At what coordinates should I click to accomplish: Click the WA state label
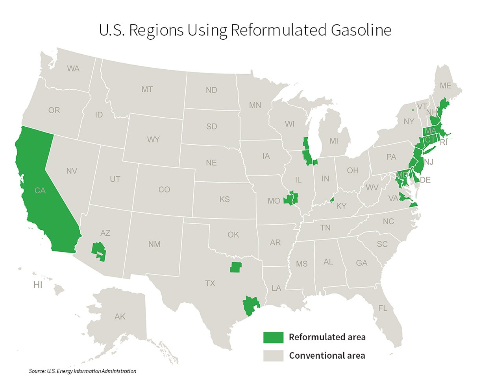[x=73, y=69]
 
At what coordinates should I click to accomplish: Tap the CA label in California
[x=40, y=191]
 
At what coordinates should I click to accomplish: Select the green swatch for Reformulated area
[x=273, y=338]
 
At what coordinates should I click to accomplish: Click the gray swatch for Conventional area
[x=273, y=356]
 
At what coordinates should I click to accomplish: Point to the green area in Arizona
[x=98, y=251]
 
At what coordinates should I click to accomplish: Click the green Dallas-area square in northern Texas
[x=235, y=267]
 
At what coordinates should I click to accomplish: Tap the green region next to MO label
[x=291, y=198]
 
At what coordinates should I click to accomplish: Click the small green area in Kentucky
[x=332, y=200]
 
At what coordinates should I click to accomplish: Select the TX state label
[x=210, y=283]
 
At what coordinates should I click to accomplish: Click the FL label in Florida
[x=383, y=308]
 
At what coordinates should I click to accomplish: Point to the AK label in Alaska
[x=120, y=317]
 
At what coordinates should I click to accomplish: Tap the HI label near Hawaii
[x=38, y=285]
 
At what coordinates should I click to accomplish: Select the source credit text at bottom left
[x=83, y=371]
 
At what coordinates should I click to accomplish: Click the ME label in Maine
[x=446, y=86]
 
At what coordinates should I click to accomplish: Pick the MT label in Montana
[x=147, y=90]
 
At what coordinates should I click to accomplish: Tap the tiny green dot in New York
[x=412, y=110]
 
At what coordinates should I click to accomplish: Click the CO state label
[x=164, y=190]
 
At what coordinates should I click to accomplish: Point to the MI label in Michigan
[x=334, y=141]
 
